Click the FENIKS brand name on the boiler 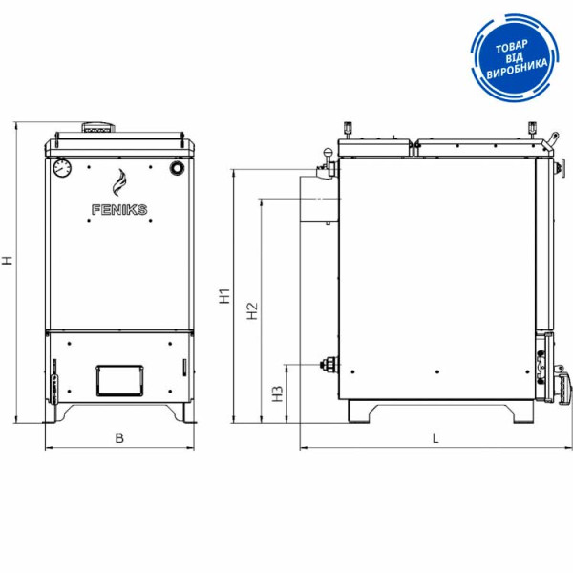(119, 210)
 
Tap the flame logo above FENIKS (119, 182)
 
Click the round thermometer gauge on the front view (62, 168)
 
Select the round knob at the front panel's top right (178, 168)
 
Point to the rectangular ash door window (119, 380)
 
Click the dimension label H (8, 260)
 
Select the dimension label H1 (224, 296)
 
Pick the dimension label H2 (252, 311)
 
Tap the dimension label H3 (278, 393)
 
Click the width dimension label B (119, 437)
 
